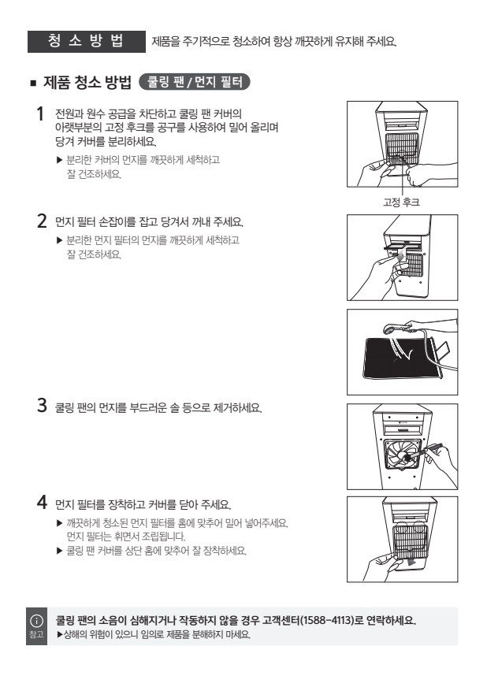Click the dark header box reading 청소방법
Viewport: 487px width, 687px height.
87,42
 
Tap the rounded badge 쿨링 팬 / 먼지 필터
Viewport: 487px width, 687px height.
194,82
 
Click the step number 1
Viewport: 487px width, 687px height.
40,114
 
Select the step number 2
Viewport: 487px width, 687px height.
42,221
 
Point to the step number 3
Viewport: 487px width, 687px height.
42,405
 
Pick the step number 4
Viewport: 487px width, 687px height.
42,502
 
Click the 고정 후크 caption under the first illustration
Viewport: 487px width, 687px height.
401,202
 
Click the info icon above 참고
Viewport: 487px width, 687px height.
36,620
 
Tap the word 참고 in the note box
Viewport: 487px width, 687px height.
36,634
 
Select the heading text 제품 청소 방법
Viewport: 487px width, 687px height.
87,82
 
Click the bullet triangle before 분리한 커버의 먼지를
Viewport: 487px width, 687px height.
60,160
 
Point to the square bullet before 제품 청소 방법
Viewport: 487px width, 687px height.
33,83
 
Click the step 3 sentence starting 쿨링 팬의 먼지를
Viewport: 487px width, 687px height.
158,408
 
